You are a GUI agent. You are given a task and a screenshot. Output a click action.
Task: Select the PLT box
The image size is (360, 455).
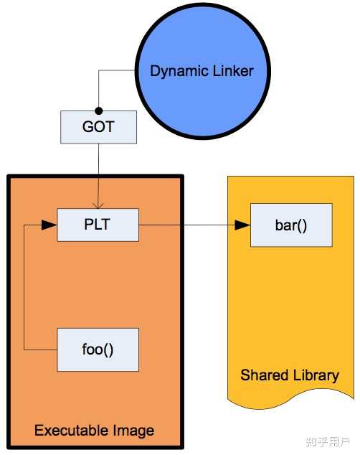pos(98,225)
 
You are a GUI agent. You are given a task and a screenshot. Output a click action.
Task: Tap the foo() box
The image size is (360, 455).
pos(98,350)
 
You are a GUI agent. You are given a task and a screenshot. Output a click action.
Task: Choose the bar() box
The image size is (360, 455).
pos(291,225)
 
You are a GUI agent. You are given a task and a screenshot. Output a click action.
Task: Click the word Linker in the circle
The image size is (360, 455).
pos(230,70)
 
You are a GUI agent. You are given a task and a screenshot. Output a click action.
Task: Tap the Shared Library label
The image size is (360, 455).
pos(290,375)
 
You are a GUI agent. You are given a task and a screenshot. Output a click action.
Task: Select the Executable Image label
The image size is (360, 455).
pos(94,431)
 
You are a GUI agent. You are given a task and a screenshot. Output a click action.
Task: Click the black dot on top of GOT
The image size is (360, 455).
pos(98,111)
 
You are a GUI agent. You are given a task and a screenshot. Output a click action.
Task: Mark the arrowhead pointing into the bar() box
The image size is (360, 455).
pos(243,225)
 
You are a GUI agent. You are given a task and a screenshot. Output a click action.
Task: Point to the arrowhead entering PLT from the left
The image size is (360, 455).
pos(49,225)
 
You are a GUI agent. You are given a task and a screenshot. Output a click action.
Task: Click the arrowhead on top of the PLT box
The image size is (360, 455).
pos(98,204)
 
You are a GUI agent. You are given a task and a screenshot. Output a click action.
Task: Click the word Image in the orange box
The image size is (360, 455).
pos(134,431)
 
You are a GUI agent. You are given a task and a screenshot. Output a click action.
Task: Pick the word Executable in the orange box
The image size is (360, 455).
pos(73,431)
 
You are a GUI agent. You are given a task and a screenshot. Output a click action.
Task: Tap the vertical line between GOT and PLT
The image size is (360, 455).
pos(98,172)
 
